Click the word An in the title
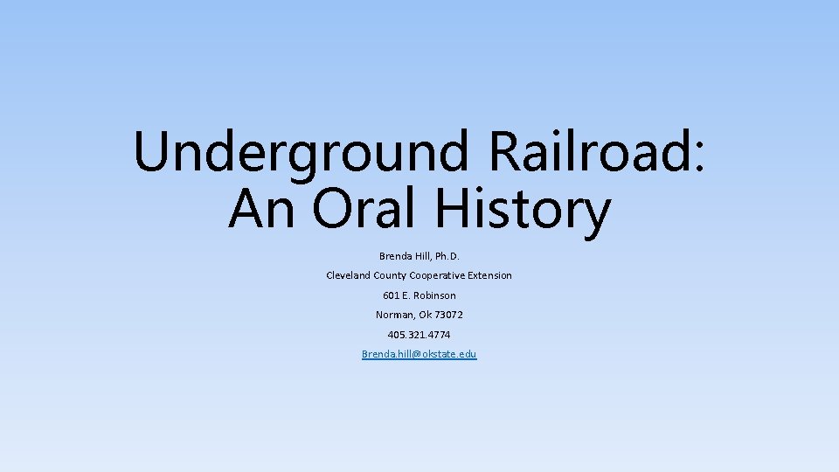[260, 210]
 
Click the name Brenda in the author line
[396, 256]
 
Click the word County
[390, 275]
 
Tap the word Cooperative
[437, 275]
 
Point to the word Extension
[489, 275]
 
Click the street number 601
[392, 295]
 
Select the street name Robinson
[434, 295]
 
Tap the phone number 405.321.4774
[419, 335]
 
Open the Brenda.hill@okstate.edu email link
[419, 354]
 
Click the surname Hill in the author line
[424, 256]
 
